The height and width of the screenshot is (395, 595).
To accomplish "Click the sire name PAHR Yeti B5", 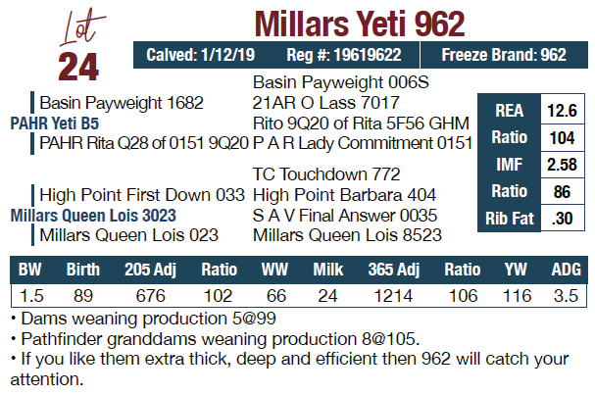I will pyautogui.click(x=55, y=123).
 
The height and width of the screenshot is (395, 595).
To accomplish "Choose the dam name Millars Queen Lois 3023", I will pyautogui.click(x=93, y=215).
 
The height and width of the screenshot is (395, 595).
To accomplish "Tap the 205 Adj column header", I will pyautogui.click(x=150, y=270).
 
